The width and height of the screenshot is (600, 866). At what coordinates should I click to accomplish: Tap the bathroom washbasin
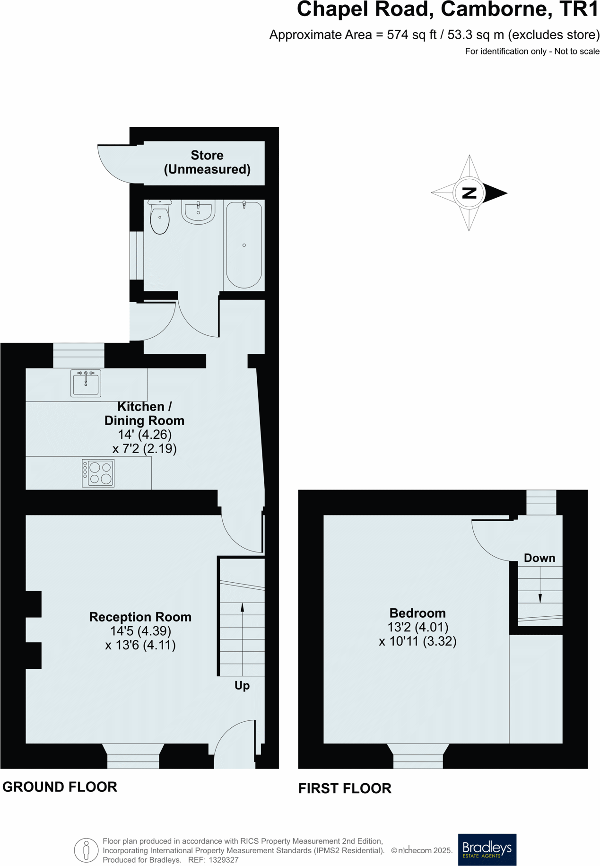tap(198, 211)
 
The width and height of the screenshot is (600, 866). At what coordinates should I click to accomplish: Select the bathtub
tap(244, 245)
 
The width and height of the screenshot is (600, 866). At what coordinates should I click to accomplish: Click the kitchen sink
tap(86, 383)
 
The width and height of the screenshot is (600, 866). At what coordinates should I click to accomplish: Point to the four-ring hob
tap(98, 473)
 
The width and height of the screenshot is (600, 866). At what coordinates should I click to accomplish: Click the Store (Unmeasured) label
tap(207, 162)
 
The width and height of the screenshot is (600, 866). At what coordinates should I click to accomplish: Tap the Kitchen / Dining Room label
tap(144, 413)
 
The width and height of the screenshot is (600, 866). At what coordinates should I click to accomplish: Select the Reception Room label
tap(140, 617)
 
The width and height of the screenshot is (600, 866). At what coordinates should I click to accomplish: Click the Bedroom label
tap(417, 613)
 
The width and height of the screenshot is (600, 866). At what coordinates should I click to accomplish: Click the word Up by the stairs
tap(242, 685)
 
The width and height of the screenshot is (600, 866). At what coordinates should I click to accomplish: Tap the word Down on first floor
tap(539, 558)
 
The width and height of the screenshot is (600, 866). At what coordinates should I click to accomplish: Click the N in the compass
tap(469, 193)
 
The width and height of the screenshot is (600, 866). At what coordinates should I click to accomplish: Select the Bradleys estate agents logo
tap(487, 849)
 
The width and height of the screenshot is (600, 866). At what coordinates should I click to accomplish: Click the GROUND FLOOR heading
tap(60, 787)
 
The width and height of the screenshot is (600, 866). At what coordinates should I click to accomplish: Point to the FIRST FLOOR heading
tap(345, 788)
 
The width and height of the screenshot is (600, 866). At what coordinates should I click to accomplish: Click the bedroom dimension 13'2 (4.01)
tap(418, 627)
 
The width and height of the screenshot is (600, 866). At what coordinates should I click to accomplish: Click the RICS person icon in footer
tap(86, 850)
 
